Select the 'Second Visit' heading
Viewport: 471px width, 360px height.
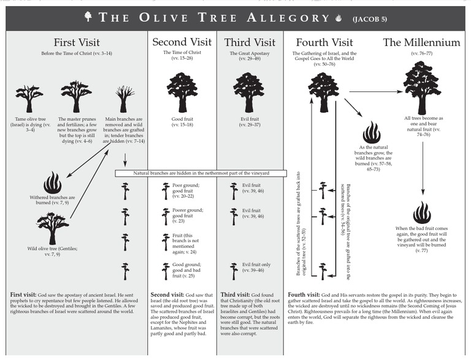point(181,43)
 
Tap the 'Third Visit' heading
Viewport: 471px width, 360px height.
point(250,43)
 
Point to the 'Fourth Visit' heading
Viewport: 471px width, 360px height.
point(324,43)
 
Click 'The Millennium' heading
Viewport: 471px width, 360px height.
point(421,43)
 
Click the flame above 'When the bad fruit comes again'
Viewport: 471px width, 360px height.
point(421,212)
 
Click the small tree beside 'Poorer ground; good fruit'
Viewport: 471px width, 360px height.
point(166,217)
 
